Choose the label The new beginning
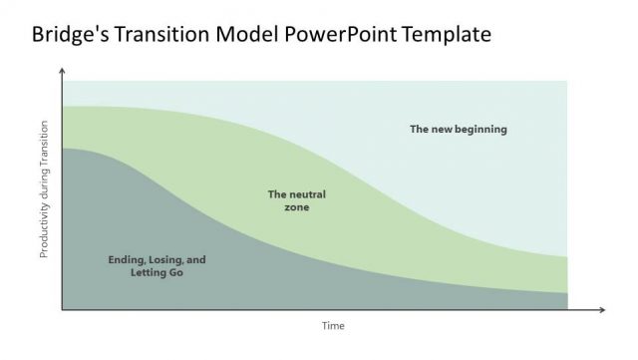pyautogui.click(x=459, y=129)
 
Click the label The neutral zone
pyautogui.click(x=296, y=200)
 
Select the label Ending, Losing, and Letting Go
pyautogui.click(x=157, y=265)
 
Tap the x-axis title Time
pyautogui.click(x=332, y=326)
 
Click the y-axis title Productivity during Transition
pyautogui.click(x=44, y=189)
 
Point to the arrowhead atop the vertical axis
pyautogui.click(x=63, y=72)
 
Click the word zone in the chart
pyautogui.click(x=296, y=207)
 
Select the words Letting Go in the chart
pyautogui.click(x=157, y=272)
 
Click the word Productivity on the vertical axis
pyautogui.click(x=44, y=230)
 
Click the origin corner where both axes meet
pyautogui.click(x=63, y=310)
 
